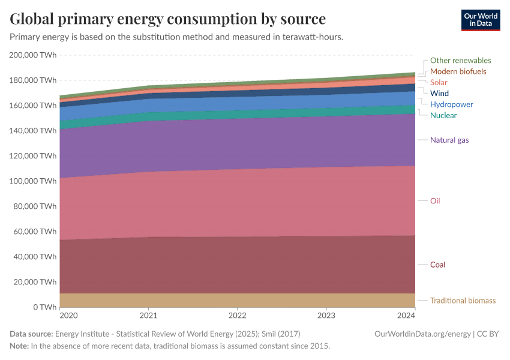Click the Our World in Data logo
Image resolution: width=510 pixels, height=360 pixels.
tap(480, 20)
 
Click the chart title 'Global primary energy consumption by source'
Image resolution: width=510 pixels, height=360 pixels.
tap(168, 19)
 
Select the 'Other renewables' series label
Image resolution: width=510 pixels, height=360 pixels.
tap(460, 61)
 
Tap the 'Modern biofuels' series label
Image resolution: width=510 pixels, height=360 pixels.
tap(458, 71)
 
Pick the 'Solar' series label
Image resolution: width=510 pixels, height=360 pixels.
tap(439, 82)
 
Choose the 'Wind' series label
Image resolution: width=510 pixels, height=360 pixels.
tap(439, 94)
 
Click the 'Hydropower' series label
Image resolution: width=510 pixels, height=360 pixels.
tap(451, 104)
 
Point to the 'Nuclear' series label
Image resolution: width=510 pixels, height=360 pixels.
tap(443, 115)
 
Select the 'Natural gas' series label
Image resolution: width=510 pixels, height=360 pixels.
tap(449, 140)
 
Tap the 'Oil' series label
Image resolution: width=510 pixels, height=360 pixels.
tap(435, 201)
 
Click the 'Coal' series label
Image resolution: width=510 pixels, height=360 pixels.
tap(437, 265)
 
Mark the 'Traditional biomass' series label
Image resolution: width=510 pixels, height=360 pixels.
tap(463, 301)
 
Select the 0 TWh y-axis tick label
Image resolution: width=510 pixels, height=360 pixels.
tap(44, 307)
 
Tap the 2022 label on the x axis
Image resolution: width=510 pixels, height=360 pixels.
tap(238, 316)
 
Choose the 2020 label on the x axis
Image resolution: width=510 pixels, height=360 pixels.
tap(68, 316)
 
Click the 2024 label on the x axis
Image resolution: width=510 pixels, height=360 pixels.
tap(406, 316)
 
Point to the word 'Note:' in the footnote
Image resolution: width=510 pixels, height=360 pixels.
tap(19, 346)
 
